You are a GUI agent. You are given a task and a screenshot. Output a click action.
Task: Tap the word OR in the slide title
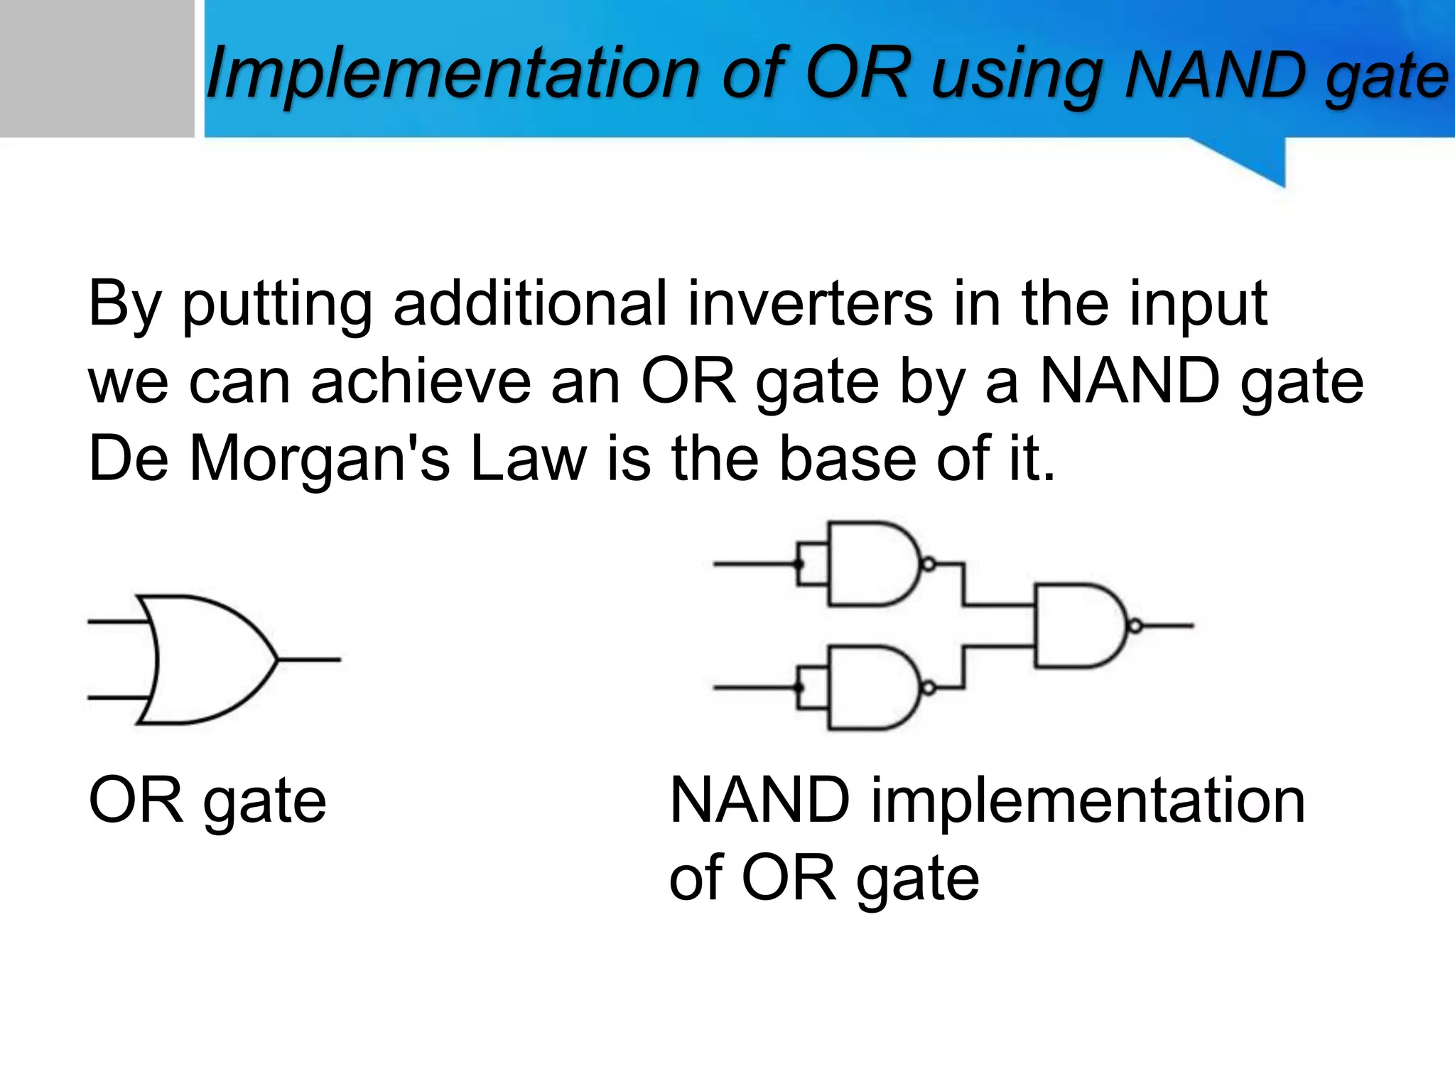pyautogui.click(x=858, y=72)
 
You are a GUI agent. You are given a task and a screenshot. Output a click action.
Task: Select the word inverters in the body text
pyautogui.click(x=810, y=304)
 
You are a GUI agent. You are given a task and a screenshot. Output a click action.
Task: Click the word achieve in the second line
pyautogui.click(x=421, y=381)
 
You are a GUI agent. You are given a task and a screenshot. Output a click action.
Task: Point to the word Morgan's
pyautogui.click(x=320, y=459)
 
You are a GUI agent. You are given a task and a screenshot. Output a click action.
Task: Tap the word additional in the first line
pyautogui.click(x=529, y=304)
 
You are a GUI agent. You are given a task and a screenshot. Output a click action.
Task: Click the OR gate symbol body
pyautogui.click(x=206, y=659)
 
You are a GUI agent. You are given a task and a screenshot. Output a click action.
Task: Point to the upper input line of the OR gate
pyautogui.click(x=117, y=622)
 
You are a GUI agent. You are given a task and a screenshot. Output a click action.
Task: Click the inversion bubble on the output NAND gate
pyautogui.click(x=1135, y=626)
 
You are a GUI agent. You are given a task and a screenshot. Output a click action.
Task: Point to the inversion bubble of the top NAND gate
pyautogui.click(x=927, y=565)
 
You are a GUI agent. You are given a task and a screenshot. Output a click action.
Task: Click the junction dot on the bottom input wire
pyautogui.click(x=799, y=688)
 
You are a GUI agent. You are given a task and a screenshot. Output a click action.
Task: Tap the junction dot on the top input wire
pyautogui.click(x=799, y=565)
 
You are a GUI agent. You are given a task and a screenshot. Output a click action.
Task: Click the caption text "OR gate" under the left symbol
pyautogui.click(x=207, y=800)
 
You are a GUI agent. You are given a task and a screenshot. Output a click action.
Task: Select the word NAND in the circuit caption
pyautogui.click(x=759, y=800)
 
